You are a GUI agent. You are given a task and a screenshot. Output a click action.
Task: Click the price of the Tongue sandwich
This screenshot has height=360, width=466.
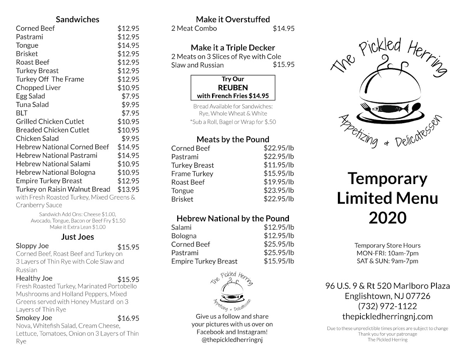[x=128, y=45]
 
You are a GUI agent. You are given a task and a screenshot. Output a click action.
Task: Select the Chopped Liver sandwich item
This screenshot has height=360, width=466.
[x=38, y=88]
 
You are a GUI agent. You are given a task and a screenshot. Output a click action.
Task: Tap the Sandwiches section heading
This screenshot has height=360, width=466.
[x=78, y=19]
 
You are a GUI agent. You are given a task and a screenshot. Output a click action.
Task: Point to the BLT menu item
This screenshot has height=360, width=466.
[x=23, y=113]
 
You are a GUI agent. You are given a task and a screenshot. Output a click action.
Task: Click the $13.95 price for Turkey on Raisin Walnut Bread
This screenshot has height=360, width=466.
[x=128, y=189]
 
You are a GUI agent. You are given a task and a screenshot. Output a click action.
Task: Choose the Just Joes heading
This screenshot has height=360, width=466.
[x=78, y=237]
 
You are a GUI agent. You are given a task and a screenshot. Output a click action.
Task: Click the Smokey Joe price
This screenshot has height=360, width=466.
[x=128, y=318]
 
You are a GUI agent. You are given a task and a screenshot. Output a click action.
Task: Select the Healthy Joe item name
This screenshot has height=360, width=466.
[x=34, y=278]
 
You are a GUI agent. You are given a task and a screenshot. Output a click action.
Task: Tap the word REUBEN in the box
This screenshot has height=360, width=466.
[x=233, y=88]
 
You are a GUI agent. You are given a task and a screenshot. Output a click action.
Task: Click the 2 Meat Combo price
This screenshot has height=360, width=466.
[x=283, y=28]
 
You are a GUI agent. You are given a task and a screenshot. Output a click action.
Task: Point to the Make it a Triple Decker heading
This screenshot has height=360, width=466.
[x=233, y=48]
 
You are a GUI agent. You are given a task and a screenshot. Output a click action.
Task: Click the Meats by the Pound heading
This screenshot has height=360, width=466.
[x=233, y=139]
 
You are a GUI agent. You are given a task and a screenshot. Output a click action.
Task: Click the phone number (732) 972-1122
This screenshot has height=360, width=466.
[x=388, y=306]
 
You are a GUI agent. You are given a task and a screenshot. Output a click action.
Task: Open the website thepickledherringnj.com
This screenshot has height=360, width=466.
[x=388, y=317]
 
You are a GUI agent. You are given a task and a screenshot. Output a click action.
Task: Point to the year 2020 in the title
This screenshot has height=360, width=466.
[x=387, y=218]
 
